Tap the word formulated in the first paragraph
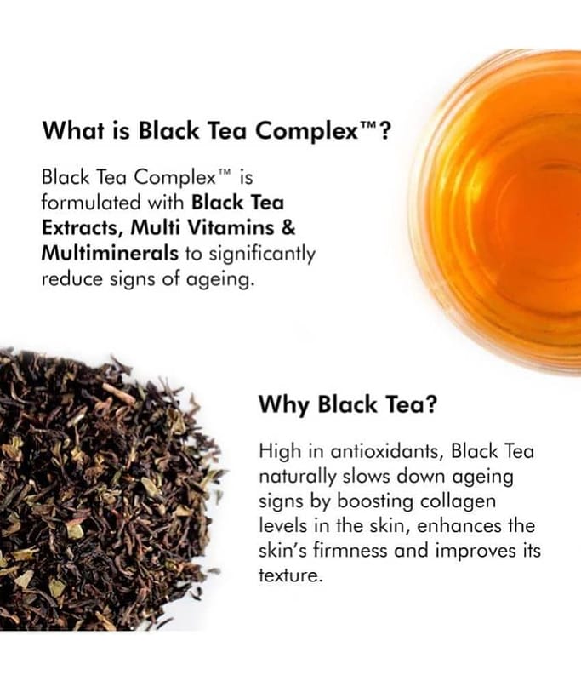(x=92, y=203)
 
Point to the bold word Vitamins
(x=233, y=227)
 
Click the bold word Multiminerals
(x=110, y=253)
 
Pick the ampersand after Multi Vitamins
(x=288, y=227)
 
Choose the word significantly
(x=262, y=255)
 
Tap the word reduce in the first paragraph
(x=72, y=278)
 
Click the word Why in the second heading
(x=284, y=405)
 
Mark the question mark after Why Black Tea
(x=430, y=403)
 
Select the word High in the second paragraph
(x=280, y=452)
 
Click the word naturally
(x=297, y=478)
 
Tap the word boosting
(x=375, y=502)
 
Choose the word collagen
(x=458, y=502)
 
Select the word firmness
(x=350, y=551)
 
